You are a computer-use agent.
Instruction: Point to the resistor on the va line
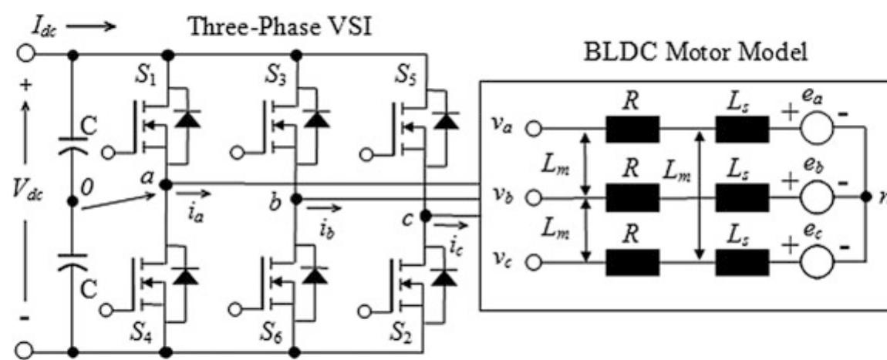632,130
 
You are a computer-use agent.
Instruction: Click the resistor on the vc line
632,263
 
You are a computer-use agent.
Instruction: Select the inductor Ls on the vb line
742,197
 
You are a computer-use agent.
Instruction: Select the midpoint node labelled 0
72,202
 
